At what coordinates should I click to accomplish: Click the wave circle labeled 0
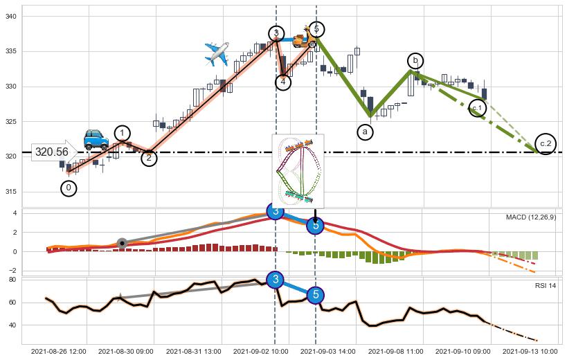tap(69, 188)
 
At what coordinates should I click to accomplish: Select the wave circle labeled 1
tap(123, 134)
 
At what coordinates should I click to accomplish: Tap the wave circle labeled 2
tap(150, 159)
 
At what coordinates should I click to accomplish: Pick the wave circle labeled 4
tap(283, 82)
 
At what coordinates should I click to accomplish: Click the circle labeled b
tap(415, 61)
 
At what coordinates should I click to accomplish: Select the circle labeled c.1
tap(477, 107)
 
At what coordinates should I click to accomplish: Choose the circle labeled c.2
tap(546, 143)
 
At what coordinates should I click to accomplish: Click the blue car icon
tap(96, 139)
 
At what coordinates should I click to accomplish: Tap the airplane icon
tap(217, 53)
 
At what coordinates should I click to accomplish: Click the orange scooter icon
tap(301, 38)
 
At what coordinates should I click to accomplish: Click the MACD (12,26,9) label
tap(530, 217)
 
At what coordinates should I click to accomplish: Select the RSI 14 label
tap(545, 285)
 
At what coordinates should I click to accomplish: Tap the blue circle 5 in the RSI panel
tap(316, 295)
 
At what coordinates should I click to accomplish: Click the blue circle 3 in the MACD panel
tap(275, 211)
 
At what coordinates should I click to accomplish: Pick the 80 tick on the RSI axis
tap(12, 280)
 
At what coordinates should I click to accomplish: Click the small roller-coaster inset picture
tap(298, 170)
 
